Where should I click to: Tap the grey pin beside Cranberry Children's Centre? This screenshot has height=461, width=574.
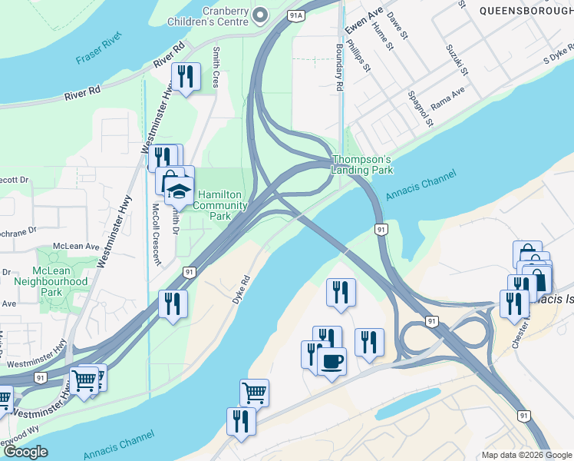262,15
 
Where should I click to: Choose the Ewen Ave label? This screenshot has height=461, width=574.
363,22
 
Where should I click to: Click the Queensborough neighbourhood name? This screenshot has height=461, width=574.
525,11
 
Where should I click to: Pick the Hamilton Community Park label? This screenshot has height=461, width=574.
220,206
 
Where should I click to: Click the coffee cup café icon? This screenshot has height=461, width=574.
332,361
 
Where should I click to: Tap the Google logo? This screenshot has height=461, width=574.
25,452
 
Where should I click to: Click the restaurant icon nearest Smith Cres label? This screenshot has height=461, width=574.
185,77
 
